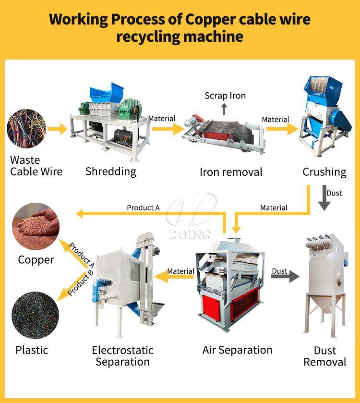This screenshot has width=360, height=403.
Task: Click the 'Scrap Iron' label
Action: pyautogui.click(x=225, y=96)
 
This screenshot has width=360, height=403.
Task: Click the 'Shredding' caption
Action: pyautogui.click(x=111, y=171)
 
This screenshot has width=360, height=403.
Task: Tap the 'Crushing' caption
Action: pyautogui.click(x=324, y=171)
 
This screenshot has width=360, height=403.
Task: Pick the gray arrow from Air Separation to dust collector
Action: pyautogui.click(x=284, y=277)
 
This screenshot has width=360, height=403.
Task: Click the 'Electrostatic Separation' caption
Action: pyautogui.click(x=123, y=356)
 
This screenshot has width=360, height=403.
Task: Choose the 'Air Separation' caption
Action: pyautogui.click(x=237, y=350)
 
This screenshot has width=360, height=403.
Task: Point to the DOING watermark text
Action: pyautogui.click(x=190, y=234)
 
